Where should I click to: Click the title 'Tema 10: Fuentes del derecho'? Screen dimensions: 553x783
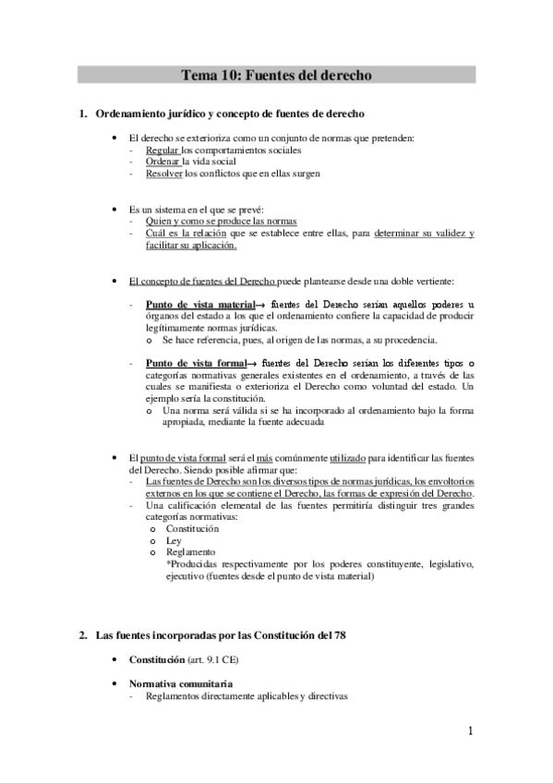click(276, 75)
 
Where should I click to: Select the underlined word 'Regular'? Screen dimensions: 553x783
click(162, 150)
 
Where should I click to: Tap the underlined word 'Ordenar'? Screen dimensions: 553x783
click(163, 161)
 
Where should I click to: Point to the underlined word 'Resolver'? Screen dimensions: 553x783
click(164, 173)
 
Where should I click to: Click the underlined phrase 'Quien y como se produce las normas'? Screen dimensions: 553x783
click(208, 222)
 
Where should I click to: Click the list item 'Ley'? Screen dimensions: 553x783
click(174, 541)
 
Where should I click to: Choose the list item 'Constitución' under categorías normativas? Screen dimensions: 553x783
click(192, 530)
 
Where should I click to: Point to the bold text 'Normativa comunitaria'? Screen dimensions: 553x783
click(180, 684)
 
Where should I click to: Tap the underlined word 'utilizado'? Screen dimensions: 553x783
click(328, 459)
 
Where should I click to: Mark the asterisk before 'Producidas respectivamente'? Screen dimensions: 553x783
click(168, 563)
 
